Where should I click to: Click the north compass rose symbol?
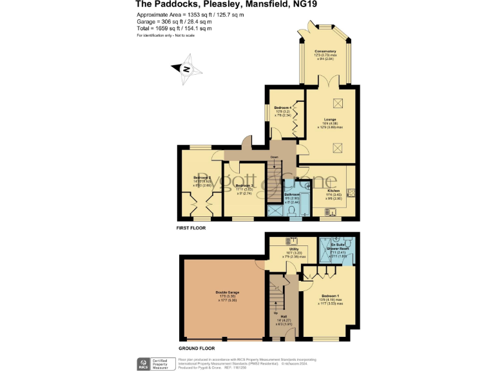(186, 70)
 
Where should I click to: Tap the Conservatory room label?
(325, 51)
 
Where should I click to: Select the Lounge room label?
(329, 119)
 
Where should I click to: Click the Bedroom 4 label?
(283, 108)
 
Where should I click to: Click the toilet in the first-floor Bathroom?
(292, 211)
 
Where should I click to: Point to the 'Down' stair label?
(274, 157)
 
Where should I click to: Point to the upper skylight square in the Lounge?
(337, 103)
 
